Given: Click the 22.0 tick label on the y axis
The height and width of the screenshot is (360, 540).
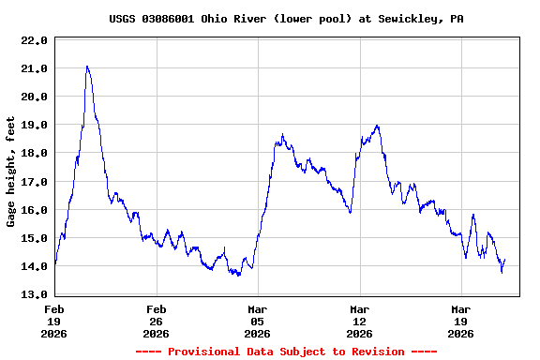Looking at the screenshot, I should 34,40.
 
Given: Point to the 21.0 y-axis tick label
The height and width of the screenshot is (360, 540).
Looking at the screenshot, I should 34,68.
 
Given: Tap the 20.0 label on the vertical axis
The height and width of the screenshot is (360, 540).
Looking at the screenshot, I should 34,97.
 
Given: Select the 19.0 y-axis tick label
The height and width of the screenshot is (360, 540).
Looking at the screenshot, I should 34,125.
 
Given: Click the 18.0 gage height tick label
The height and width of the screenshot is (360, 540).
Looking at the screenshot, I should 34,153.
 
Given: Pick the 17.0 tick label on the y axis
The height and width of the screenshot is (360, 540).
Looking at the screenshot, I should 34,181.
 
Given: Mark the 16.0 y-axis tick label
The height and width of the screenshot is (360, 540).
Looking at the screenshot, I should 34,210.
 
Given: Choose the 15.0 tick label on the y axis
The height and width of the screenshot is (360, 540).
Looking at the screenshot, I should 34,238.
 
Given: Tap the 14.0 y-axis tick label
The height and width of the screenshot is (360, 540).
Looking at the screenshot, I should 34,266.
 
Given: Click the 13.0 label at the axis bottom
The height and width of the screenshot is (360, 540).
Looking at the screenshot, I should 34,294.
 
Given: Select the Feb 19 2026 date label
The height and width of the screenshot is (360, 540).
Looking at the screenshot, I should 54,321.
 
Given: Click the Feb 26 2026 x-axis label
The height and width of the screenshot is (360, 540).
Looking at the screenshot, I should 156,321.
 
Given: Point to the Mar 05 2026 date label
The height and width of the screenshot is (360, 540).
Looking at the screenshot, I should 257,321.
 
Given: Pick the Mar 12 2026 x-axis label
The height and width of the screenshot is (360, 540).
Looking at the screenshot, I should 358,321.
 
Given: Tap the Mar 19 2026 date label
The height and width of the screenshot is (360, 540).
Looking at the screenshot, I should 459,321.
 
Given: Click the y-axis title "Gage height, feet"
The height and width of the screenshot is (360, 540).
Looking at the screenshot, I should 11,172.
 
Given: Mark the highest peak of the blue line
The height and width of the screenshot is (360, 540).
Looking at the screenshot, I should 87,67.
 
